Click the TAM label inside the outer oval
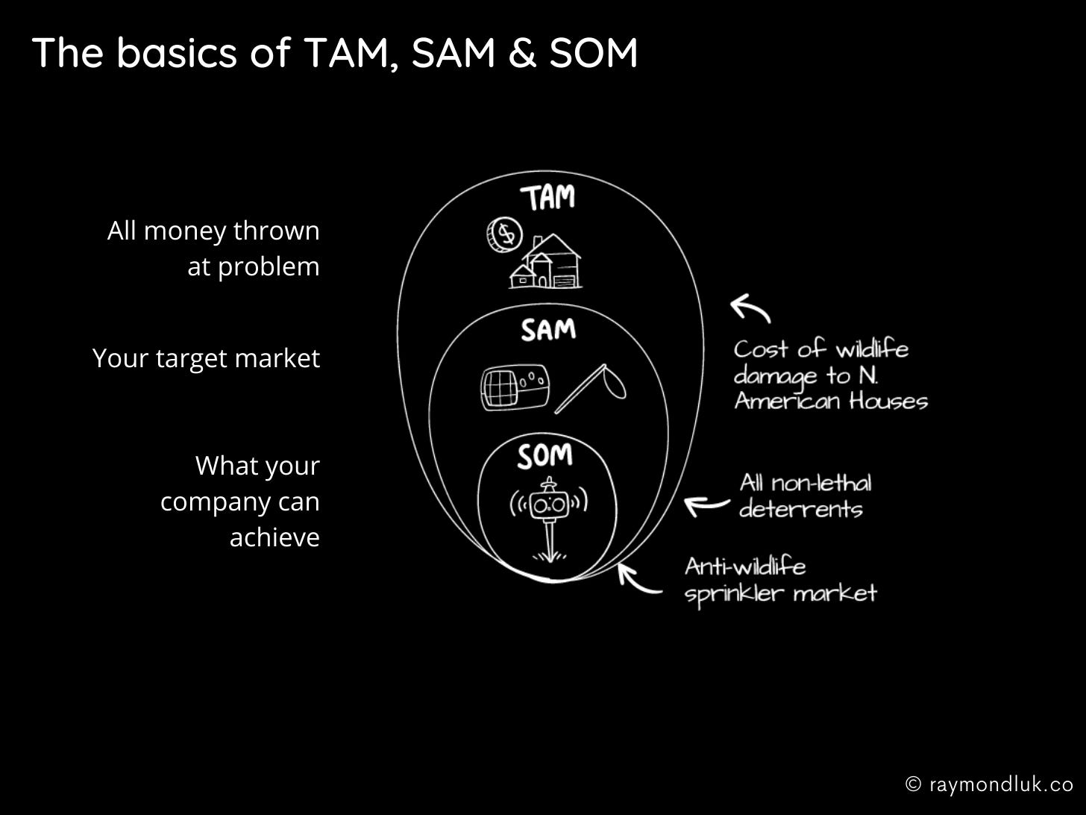[x=548, y=198]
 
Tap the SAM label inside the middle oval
[x=548, y=329]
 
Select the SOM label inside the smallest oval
[x=545, y=455]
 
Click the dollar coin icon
[x=504, y=234]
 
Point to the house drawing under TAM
[x=547, y=262]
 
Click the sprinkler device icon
[x=549, y=515]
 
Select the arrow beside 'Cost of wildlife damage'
[x=750, y=307]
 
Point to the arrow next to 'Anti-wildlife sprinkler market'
[x=638, y=580]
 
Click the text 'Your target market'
[x=206, y=358]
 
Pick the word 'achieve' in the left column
[x=274, y=537]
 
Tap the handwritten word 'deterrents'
[x=800, y=510]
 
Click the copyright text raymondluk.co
[x=990, y=784]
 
